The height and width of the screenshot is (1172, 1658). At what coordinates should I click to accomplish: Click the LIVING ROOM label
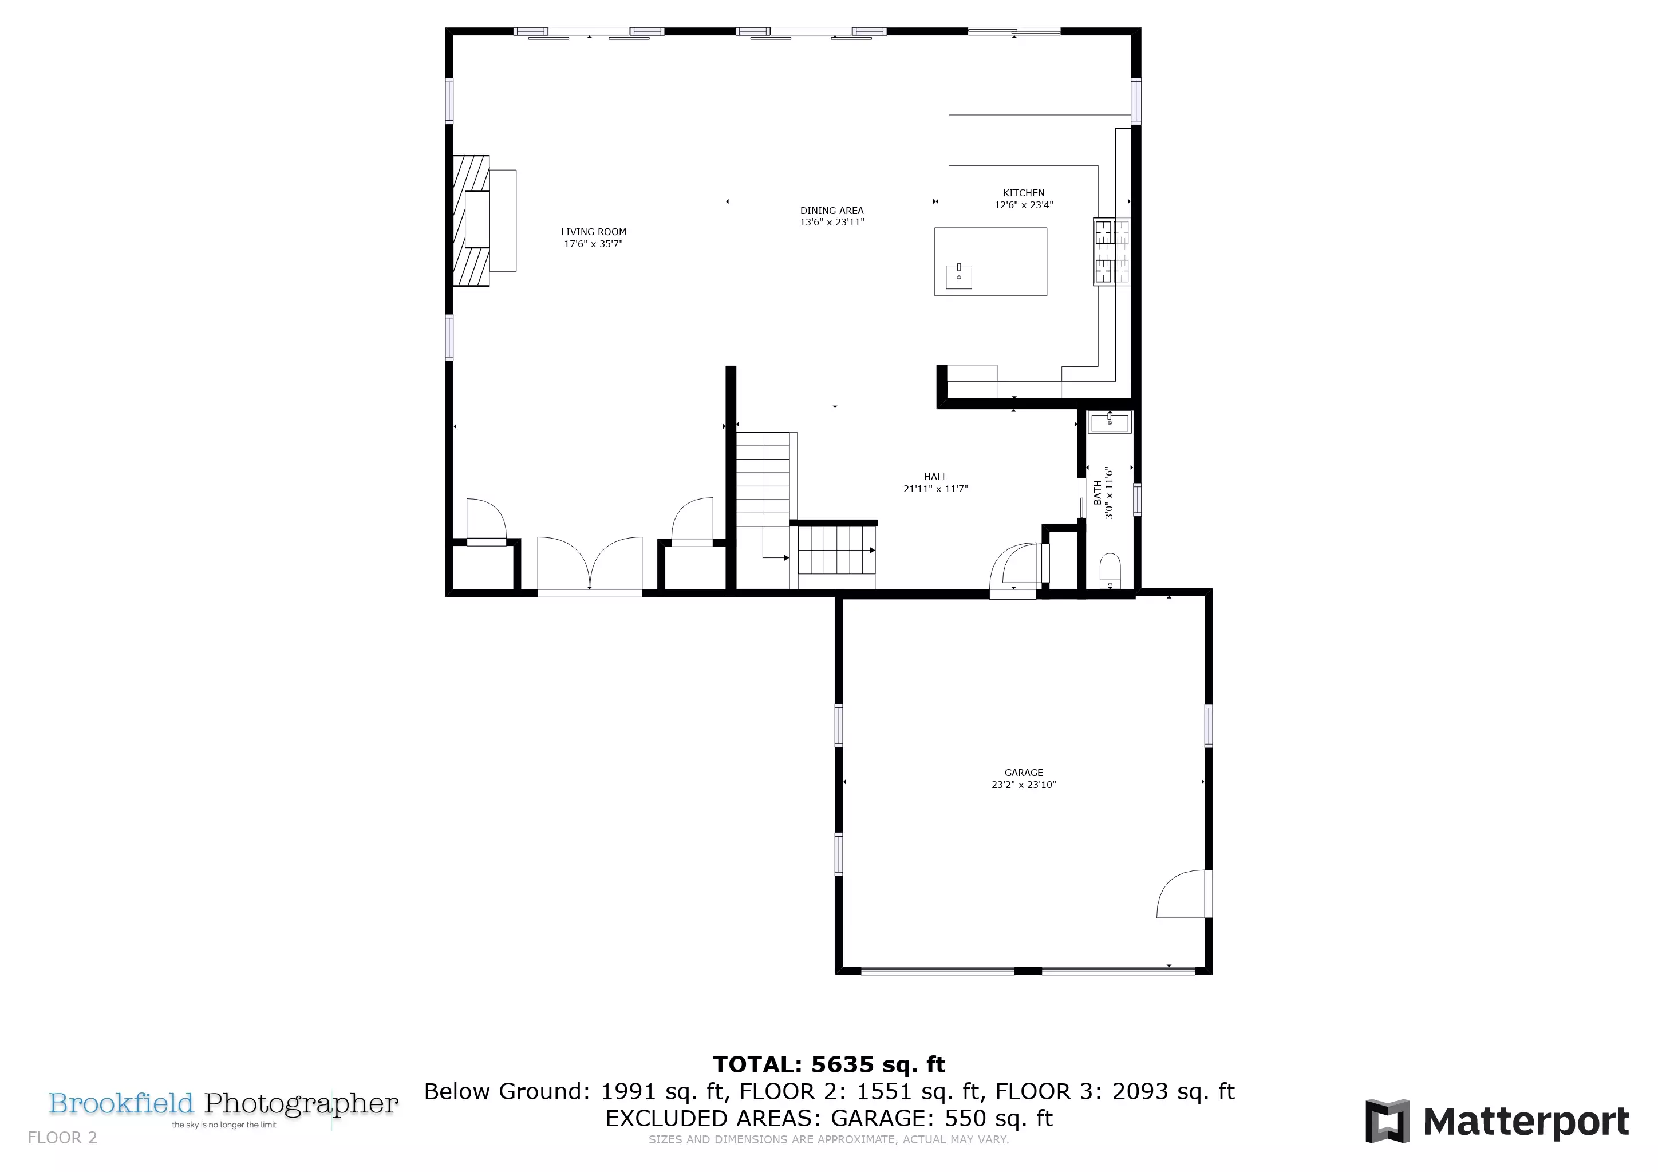click(594, 232)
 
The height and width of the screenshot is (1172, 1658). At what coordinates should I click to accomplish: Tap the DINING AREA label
click(832, 211)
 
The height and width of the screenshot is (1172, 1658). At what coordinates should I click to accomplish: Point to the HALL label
click(935, 476)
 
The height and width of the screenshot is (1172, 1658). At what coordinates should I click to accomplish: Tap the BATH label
click(1098, 493)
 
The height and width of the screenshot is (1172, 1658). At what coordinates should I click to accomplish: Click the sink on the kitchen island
click(959, 276)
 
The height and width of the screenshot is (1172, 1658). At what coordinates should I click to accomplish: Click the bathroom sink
click(1110, 422)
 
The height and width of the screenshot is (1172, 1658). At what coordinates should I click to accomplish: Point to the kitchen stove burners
click(1111, 252)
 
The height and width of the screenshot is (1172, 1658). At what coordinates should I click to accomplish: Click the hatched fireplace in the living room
click(471, 220)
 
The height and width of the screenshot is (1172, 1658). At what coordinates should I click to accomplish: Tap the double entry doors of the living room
click(590, 564)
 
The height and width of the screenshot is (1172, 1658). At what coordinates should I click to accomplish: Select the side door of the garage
click(1183, 893)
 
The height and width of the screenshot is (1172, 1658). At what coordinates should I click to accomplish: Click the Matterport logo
click(1497, 1122)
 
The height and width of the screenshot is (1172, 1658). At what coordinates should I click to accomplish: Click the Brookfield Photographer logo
click(223, 1108)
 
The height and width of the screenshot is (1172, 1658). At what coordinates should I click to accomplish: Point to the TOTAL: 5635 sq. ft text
click(829, 1064)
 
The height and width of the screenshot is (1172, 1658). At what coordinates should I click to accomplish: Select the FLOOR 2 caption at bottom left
click(62, 1138)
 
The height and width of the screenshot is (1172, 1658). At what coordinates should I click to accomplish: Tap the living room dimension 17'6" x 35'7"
click(594, 244)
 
